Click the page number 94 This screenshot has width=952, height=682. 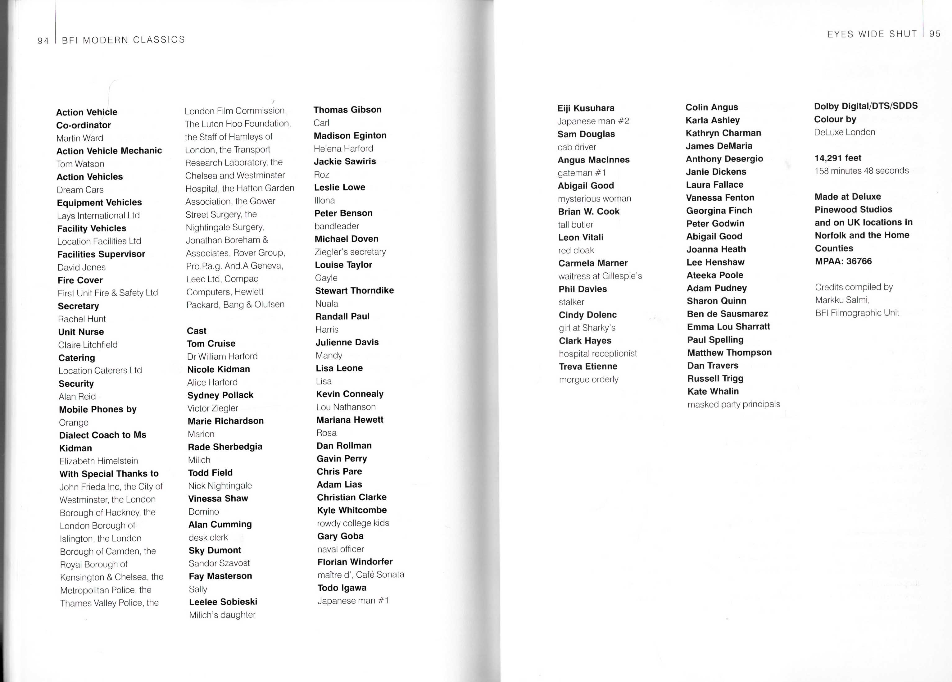[43, 41]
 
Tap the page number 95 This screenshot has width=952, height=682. [935, 34]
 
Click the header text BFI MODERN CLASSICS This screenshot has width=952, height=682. [123, 40]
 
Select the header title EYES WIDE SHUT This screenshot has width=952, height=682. [872, 34]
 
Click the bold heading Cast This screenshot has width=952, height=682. [197, 331]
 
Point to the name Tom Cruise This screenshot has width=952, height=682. [211, 343]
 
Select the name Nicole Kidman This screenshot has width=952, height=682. [219, 370]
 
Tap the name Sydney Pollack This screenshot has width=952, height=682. [220, 395]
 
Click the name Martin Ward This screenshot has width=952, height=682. [80, 138]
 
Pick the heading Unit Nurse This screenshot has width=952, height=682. [81, 332]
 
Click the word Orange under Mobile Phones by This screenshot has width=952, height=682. [74, 422]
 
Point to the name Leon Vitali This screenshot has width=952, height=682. [581, 237]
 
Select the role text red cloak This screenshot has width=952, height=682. [576, 250]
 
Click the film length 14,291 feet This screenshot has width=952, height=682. [838, 158]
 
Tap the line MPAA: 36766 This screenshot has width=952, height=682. [843, 261]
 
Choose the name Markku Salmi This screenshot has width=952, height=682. [841, 300]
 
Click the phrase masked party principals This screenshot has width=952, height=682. [733, 404]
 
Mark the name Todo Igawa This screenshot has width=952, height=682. [342, 588]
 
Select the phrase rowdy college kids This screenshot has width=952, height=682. [353, 523]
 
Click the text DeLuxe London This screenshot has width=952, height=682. [845, 132]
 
